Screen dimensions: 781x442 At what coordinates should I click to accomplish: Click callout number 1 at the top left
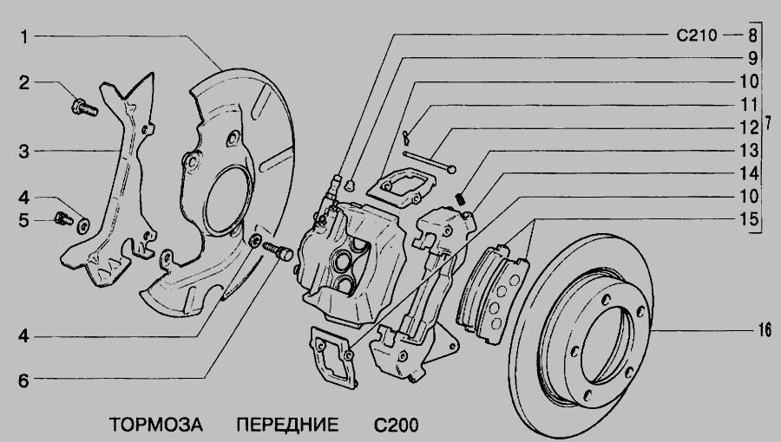pyautogui.click(x=24, y=36)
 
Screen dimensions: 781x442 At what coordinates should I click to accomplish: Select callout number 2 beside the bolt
pyautogui.click(x=24, y=82)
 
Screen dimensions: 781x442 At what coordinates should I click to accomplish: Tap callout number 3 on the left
pyautogui.click(x=24, y=151)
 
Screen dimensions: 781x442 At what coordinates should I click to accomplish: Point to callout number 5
pyautogui.click(x=24, y=220)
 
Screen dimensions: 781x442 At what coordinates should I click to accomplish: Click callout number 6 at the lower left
pyautogui.click(x=24, y=380)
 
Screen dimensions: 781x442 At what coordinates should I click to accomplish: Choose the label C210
pyautogui.click(x=697, y=36)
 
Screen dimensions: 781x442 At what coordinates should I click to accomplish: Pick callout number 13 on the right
pyautogui.click(x=749, y=150)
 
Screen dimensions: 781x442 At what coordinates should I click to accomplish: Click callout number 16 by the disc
pyautogui.click(x=765, y=329)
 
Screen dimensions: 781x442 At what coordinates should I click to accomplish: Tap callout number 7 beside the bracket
pyautogui.click(x=769, y=123)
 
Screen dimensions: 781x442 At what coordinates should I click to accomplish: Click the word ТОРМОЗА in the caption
pyautogui.click(x=156, y=425)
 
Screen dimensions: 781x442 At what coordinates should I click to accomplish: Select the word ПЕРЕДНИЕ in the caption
pyautogui.click(x=287, y=425)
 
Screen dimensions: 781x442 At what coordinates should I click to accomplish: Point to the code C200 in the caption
pyautogui.click(x=397, y=426)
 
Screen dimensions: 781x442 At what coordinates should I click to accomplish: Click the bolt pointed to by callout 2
pyautogui.click(x=84, y=107)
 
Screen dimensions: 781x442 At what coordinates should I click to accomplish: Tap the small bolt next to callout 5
pyautogui.click(x=62, y=218)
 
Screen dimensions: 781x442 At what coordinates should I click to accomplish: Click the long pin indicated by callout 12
pyautogui.click(x=429, y=162)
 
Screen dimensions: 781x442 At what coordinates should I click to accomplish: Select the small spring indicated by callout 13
pyautogui.click(x=461, y=198)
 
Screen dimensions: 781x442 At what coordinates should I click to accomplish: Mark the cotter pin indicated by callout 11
pyautogui.click(x=406, y=138)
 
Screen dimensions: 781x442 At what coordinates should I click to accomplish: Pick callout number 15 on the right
pyautogui.click(x=749, y=218)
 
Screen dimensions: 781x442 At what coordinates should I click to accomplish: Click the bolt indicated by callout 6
pyautogui.click(x=278, y=250)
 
